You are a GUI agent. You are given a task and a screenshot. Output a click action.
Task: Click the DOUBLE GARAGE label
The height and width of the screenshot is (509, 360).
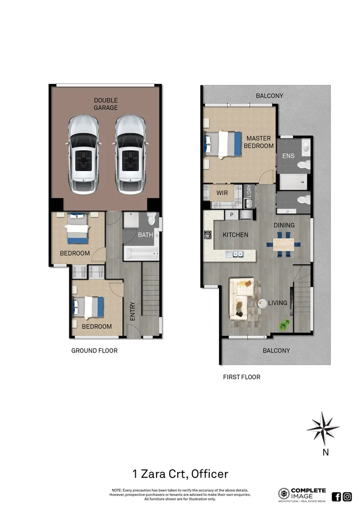[x=106, y=104]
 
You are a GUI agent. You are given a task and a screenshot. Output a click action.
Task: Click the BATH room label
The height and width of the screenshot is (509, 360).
[x=146, y=235]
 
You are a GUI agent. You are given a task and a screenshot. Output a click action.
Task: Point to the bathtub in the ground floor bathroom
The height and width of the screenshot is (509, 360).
[x=141, y=254]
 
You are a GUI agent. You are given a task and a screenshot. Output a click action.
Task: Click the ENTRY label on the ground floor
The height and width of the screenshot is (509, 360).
[x=132, y=312]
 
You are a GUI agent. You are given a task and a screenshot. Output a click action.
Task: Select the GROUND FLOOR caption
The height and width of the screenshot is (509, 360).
[x=94, y=351]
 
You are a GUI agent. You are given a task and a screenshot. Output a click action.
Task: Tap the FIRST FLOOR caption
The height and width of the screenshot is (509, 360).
[x=241, y=377]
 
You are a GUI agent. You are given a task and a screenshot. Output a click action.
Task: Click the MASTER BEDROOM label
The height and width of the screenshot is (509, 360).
[x=258, y=142]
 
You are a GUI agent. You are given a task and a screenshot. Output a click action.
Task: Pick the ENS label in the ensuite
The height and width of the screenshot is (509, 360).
[x=288, y=156]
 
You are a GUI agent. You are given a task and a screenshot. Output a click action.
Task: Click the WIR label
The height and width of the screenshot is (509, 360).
[x=222, y=193]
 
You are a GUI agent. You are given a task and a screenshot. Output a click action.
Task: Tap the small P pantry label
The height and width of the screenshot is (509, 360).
[x=231, y=214]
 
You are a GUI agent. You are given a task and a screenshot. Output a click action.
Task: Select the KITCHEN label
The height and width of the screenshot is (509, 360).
[x=235, y=235]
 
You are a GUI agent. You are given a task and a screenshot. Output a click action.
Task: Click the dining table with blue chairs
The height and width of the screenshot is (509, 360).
[x=284, y=245]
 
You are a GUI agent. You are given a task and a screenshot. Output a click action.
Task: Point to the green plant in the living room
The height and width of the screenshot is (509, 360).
[x=284, y=324]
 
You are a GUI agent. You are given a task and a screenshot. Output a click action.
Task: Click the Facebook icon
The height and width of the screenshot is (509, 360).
[x=336, y=496]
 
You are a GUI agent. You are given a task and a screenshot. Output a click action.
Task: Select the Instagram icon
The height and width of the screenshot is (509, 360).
[x=347, y=496]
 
